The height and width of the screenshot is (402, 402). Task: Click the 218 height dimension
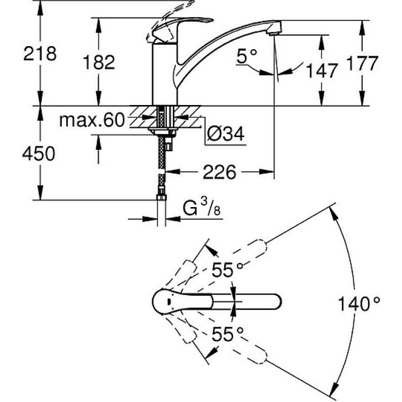[x=40, y=54]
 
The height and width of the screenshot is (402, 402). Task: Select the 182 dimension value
[x=99, y=62]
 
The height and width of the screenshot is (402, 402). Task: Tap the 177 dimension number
[x=362, y=63]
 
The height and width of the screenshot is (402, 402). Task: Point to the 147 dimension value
[x=322, y=71]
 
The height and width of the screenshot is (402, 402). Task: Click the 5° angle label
[x=247, y=56]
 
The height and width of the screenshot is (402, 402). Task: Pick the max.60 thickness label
[x=92, y=120]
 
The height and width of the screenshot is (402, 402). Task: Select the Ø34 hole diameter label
[x=226, y=134]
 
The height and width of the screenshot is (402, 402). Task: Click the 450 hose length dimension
[x=39, y=154]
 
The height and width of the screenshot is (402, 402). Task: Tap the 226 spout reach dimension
[x=220, y=172]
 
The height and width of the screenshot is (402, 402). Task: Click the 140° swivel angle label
[x=359, y=304]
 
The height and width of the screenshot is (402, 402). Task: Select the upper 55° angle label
[x=228, y=270]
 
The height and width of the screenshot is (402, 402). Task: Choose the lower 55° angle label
[x=228, y=334]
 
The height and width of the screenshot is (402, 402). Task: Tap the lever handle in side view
[x=179, y=29]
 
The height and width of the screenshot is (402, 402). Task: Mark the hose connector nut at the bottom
[x=161, y=197]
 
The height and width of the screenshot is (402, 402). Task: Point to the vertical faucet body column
[x=165, y=74]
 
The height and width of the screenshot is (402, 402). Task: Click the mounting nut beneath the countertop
[x=163, y=132]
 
